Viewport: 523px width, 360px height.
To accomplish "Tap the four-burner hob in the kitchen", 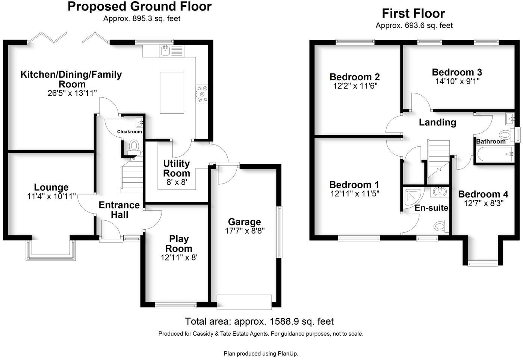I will pos(202,94).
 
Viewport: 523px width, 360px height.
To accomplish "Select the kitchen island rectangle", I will pos(172,92).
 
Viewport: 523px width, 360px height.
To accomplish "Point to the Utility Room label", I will pos(176,168).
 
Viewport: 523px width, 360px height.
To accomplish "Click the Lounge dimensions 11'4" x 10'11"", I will pos(51,196).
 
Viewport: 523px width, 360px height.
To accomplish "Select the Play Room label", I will pos(179,244).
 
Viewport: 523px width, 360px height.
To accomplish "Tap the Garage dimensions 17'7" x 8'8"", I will pos(245,231).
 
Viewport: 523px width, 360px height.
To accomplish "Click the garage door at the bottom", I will pos(244,302).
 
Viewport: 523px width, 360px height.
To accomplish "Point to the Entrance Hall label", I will pos(119,210).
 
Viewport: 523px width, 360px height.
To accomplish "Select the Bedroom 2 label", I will pos(355,77).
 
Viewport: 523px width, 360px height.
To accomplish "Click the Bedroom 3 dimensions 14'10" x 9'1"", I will pos(457,81).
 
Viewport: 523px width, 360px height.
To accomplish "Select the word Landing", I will pos(437,122).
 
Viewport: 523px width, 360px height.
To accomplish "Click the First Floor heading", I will pos(413,14).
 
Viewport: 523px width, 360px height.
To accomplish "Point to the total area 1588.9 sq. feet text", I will pos(259,321).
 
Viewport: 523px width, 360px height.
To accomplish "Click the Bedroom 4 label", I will pos(483,194).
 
